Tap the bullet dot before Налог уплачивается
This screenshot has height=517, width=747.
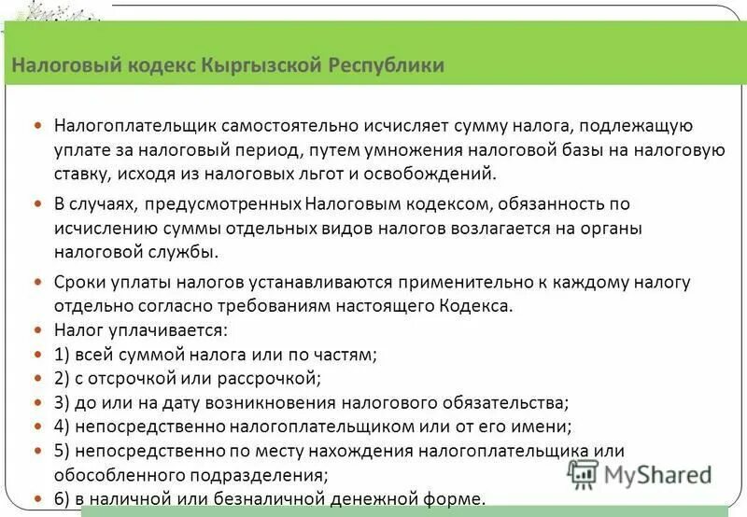coord(37,330)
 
